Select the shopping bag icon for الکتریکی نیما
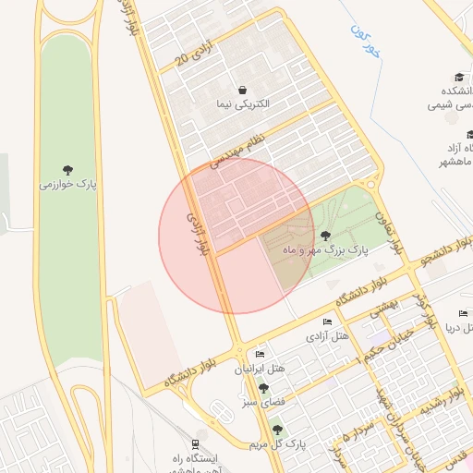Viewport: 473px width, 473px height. pyautogui.click(x=242, y=90)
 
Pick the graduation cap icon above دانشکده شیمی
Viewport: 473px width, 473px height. pyautogui.click(x=459, y=78)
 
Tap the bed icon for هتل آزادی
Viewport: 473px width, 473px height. pyautogui.click(x=327, y=321)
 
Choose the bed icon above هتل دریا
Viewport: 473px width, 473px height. pyautogui.click(x=465, y=313)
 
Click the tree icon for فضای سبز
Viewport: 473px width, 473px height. pyautogui.click(x=263, y=388)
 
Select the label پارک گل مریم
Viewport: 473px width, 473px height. pyautogui.click(x=277, y=445)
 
